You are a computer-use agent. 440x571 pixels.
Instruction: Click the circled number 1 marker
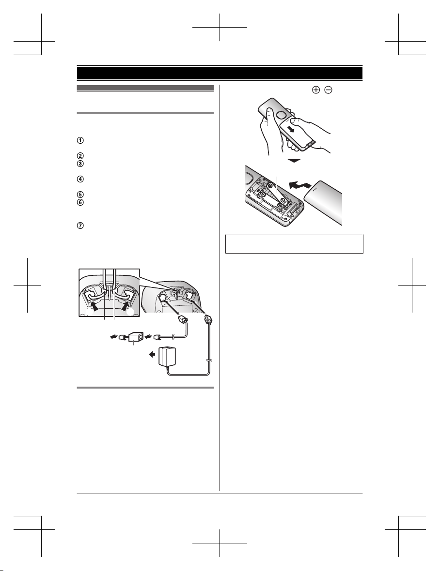click(x=80, y=140)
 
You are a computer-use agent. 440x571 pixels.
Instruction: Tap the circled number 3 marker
click(x=80, y=164)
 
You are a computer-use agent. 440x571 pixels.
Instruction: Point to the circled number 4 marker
click(x=80, y=179)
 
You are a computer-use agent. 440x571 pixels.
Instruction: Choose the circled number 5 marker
click(x=80, y=195)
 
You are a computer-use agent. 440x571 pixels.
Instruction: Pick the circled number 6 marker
click(x=80, y=202)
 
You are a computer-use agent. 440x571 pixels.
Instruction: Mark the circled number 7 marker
click(x=80, y=225)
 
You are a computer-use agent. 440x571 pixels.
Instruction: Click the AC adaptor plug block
click(x=167, y=357)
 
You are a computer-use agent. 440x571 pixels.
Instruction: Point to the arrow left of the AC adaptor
click(x=152, y=354)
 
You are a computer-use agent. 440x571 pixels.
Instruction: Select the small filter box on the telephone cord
click(x=136, y=337)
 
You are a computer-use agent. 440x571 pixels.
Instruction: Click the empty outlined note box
click(x=295, y=244)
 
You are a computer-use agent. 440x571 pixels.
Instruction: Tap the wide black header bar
click(x=220, y=73)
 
